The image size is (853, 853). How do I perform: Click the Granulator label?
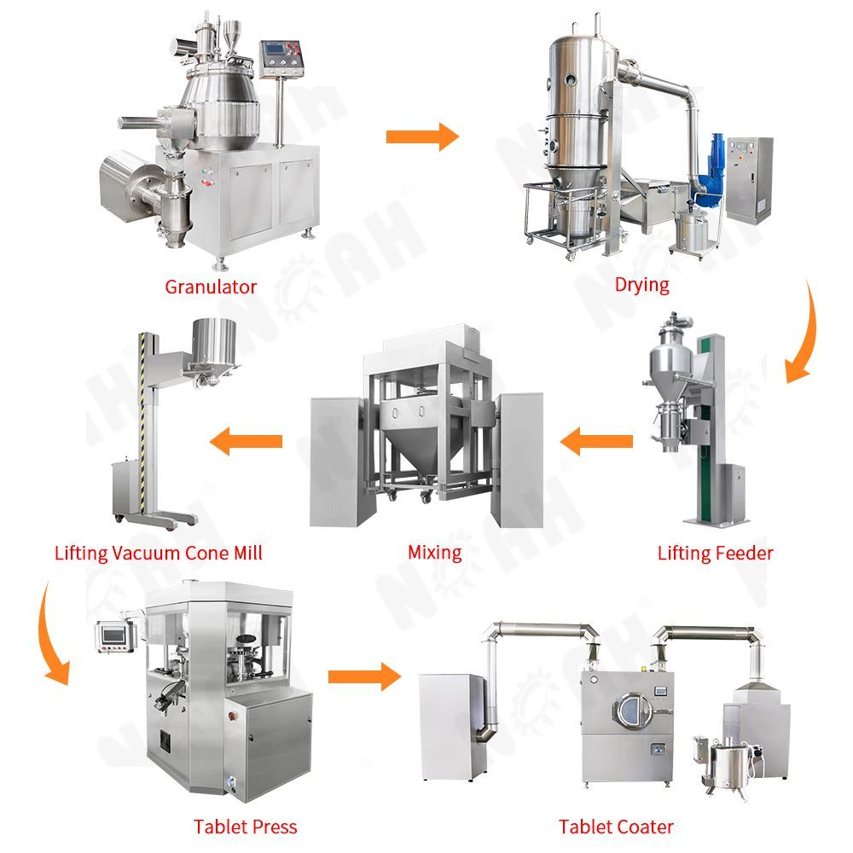[211, 287]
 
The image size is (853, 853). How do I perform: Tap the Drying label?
[642, 285]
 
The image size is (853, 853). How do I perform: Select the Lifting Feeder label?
[715, 554]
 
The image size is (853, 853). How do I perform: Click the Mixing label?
[435, 554]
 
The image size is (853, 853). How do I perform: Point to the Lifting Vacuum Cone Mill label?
[159, 554]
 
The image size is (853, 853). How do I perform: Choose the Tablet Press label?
[246, 827]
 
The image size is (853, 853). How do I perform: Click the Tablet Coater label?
[616, 827]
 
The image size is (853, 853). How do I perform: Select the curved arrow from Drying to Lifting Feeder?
[801, 332]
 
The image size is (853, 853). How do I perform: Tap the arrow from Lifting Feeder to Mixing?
[596, 441]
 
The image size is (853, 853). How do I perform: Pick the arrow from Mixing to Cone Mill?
[246, 441]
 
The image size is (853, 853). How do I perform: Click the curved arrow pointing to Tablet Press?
[53, 634]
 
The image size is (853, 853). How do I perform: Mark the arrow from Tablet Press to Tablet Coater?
[364, 676]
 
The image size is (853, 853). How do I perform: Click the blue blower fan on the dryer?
[710, 169]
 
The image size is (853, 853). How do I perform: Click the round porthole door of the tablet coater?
[632, 710]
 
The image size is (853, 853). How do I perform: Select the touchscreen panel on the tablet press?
[113, 635]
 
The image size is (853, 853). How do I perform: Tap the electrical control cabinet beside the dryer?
[749, 179]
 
